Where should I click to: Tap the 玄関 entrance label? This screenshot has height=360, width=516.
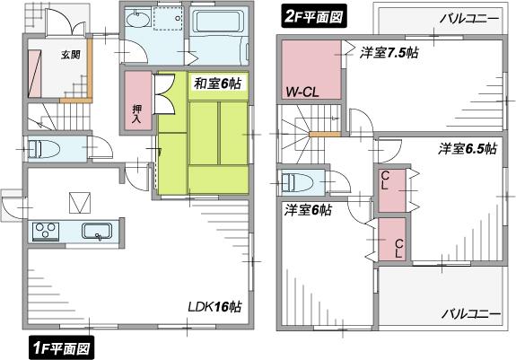(71, 55)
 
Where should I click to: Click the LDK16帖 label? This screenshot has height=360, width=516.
(214, 306)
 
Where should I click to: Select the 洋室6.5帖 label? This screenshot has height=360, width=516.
(467, 148)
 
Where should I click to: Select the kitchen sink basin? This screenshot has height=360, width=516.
(96, 232)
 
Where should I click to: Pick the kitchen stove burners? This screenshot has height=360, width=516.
(45, 233)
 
